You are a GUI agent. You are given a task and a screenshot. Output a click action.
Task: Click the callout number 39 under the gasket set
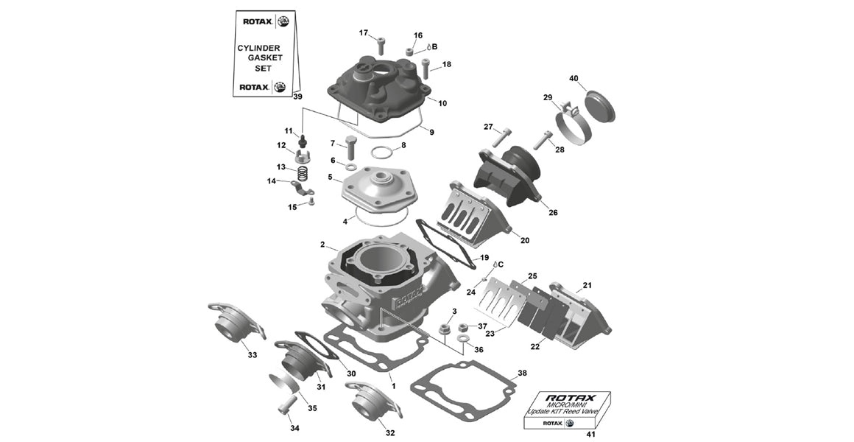(x=297, y=97)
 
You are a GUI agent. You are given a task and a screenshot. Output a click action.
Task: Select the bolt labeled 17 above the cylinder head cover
(x=381, y=45)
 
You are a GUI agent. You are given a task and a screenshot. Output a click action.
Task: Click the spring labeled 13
(x=301, y=172)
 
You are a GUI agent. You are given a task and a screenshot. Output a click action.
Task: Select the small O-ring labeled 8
(x=381, y=153)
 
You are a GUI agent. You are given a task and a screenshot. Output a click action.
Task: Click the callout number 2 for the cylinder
(x=322, y=245)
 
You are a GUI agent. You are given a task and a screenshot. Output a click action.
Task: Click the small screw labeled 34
(x=286, y=405)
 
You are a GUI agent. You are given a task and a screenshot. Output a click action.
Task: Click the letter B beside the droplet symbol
(x=434, y=46)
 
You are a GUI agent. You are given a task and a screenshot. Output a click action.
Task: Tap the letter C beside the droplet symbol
(x=501, y=264)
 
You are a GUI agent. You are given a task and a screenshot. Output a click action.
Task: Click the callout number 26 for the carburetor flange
(x=552, y=213)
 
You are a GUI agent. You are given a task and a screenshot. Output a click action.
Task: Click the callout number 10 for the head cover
(x=442, y=104)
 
